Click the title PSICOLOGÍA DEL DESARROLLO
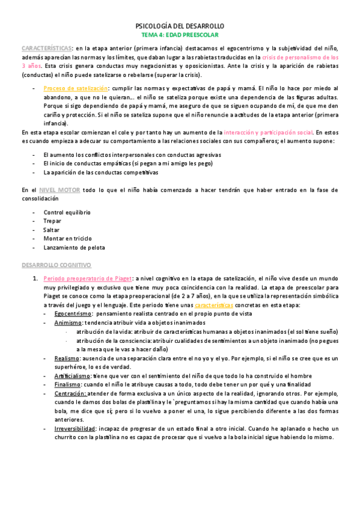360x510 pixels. (180, 26)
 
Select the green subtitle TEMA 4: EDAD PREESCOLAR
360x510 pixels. (180, 35)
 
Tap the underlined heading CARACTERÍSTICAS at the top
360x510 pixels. (46, 48)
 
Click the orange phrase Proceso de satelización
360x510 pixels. (75, 88)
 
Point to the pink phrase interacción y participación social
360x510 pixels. (268, 132)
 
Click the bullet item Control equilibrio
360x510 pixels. (67, 212)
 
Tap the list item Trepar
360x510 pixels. (53, 221)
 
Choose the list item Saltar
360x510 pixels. (52, 230)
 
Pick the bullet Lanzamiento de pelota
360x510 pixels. (74, 247)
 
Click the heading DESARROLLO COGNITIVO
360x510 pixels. (56, 265)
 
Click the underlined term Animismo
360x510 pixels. (67, 323)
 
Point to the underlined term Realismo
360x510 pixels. (67, 358)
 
